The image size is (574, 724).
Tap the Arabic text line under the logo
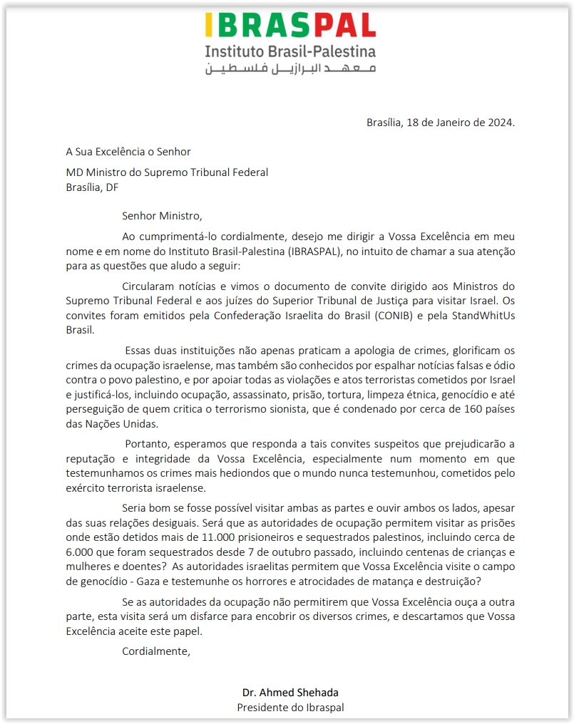tap(290, 68)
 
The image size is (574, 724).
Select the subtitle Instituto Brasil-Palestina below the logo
tap(290, 51)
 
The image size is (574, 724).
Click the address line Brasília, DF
tap(92, 187)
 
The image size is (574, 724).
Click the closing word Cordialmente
tap(156, 651)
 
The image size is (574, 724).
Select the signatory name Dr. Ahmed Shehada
tap(290, 693)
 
